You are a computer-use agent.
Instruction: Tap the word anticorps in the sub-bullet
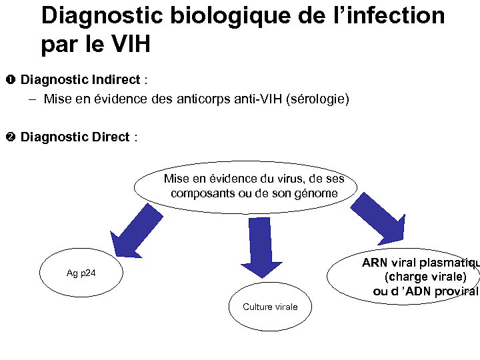[x=203, y=99]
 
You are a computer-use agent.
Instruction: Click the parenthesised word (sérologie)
[x=317, y=99]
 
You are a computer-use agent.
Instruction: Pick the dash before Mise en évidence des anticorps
[x=33, y=99]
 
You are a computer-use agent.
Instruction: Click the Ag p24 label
[x=81, y=273]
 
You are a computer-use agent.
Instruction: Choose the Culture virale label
[x=270, y=307]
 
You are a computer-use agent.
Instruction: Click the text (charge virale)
[x=425, y=277]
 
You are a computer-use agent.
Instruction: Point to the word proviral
[x=456, y=291]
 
